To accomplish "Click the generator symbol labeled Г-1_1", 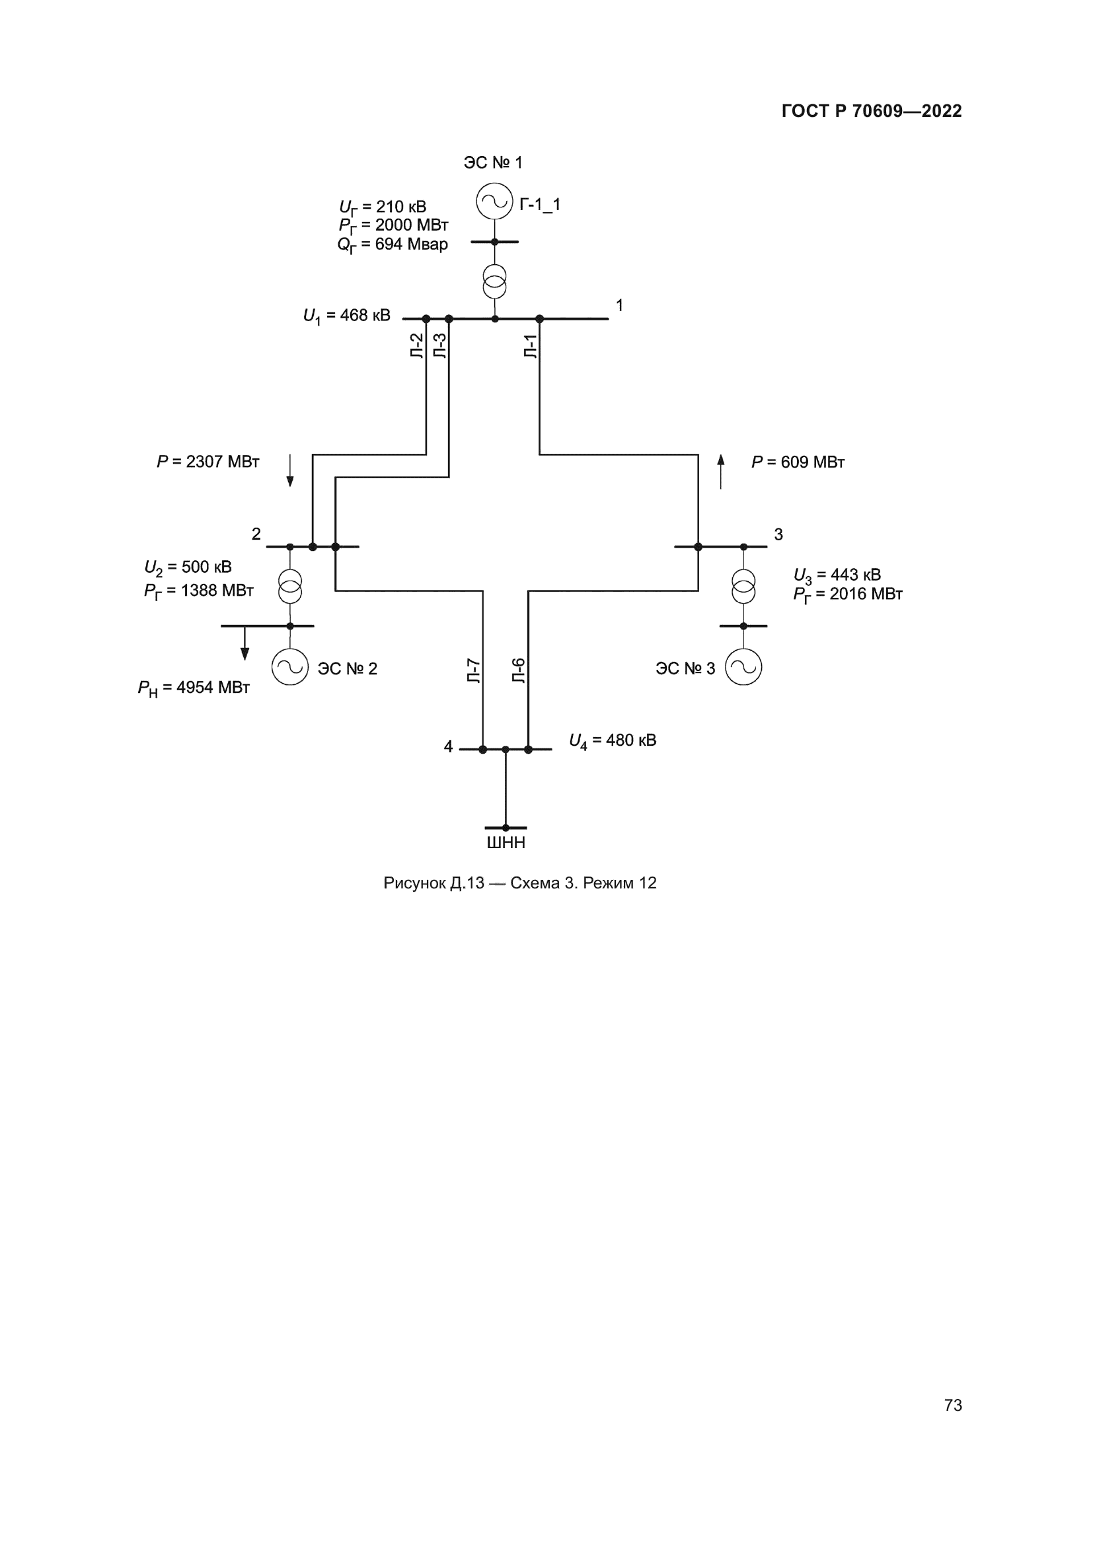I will (x=495, y=201).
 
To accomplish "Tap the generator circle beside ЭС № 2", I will (x=290, y=667).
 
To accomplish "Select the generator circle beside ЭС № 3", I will (x=743, y=667).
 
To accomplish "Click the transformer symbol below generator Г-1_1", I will (x=495, y=281).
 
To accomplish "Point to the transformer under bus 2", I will (x=290, y=586).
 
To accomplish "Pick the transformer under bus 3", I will (x=743, y=586).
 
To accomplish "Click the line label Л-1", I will (x=531, y=346).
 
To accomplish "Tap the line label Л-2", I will (x=417, y=346).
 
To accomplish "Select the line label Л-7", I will (x=474, y=671).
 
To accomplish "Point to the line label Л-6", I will (x=519, y=671).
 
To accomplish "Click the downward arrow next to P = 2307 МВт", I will (x=290, y=470).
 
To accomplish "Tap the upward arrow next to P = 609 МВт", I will (x=721, y=470).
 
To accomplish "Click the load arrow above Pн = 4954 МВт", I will (x=245, y=643).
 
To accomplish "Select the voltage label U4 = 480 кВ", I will (x=613, y=741).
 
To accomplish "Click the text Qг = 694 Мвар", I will (x=393, y=245).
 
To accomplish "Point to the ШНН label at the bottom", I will (x=506, y=842).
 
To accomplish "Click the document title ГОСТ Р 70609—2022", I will (x=872, y=111).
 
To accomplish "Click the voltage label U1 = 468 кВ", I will (x=347, y=316).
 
